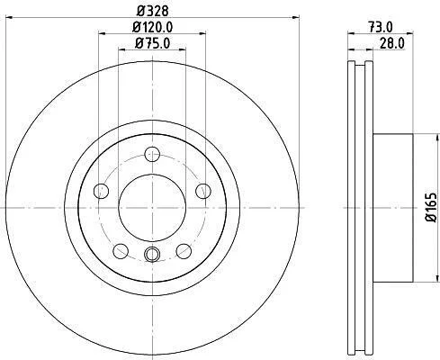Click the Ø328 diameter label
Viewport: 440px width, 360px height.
click(153, 12)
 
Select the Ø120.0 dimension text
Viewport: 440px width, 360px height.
click(153, 28)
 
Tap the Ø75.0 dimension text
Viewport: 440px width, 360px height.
click(153, 43)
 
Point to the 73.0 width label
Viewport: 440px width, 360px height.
click(381, 28)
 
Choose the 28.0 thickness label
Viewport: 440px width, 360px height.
click(392, 43)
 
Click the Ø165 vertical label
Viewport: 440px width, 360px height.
click(432, 207)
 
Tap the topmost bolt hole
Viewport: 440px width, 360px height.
click(152, 155)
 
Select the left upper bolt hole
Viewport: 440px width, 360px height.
click(102, 191)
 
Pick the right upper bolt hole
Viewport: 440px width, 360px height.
click(203, 191)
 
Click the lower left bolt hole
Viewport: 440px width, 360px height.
click(121, 251)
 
